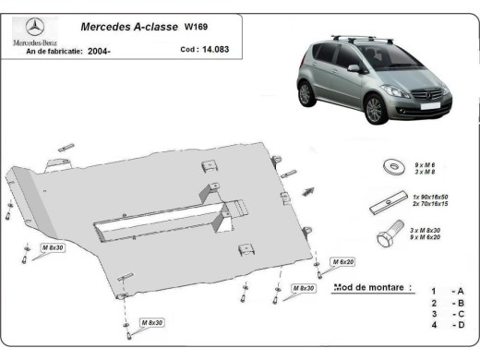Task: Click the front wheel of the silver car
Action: point(375,109)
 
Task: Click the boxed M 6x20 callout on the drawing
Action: point(345,262)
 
